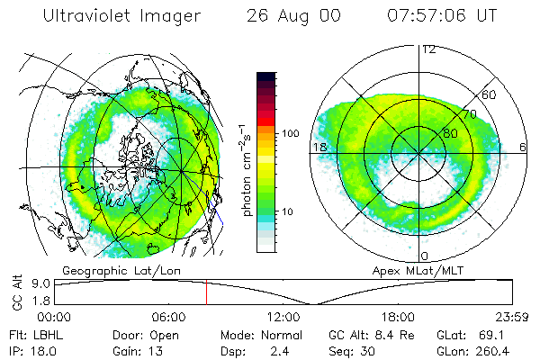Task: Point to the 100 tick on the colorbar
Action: pyautogui.click(x=291, y=133)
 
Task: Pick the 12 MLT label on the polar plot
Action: pyautogui.click(x=428, y=49)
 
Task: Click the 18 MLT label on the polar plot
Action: pyautogui.click(x=319, y=147)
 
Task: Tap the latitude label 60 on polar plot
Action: pyautogui.click(x=490, y=94)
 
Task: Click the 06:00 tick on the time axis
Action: pyautogui.click(x=169, y=317)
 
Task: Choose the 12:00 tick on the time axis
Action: pyautogui.click(x=283, y=317)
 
